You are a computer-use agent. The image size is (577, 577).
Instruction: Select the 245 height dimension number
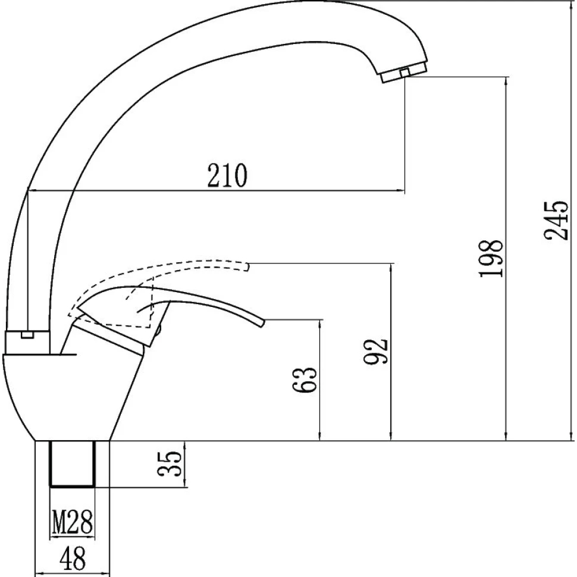point(556,221)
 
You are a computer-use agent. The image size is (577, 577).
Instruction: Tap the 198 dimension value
point(491,258)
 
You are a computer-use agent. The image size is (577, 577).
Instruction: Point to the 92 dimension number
point(376,351)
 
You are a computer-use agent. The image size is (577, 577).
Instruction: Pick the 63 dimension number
point(304,380)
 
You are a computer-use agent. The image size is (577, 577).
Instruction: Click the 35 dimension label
point(170,463)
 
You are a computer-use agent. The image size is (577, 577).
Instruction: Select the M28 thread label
point(72,522)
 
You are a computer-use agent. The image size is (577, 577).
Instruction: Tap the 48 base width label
point(73,558)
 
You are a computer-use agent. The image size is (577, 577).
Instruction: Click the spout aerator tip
point(404,73)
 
